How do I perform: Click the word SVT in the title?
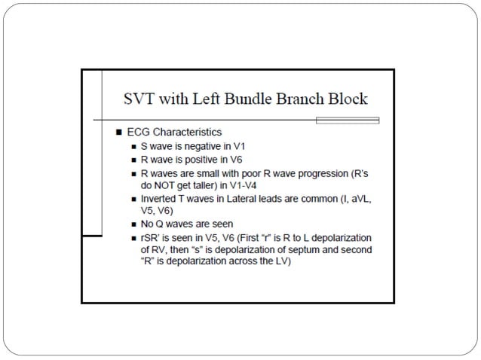point(139,99)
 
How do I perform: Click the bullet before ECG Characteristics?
point(118,132)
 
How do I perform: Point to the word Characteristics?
point(187,132)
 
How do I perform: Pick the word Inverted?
point(159,199)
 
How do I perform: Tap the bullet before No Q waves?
point(133,224)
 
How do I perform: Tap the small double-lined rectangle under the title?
point(348,120)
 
